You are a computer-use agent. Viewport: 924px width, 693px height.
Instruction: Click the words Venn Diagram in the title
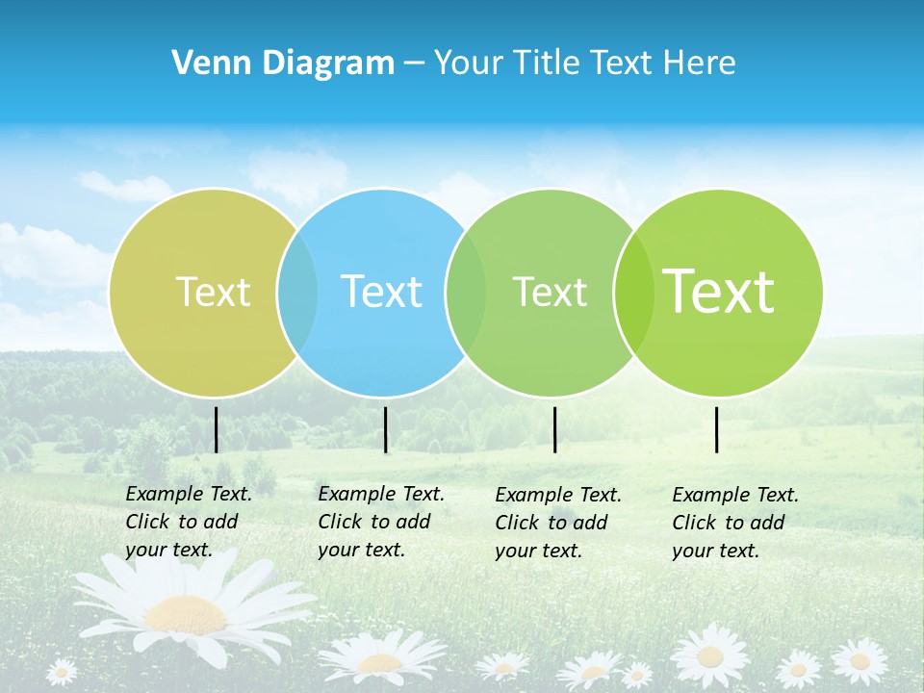(283, 64)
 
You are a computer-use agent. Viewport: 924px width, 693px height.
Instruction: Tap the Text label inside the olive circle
(213, 292)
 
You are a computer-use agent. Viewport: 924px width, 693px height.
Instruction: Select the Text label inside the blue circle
(381, 292)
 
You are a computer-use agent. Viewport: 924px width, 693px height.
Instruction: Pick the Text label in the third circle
(550, 292)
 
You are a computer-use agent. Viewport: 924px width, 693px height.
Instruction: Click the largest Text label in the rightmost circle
(719, 292)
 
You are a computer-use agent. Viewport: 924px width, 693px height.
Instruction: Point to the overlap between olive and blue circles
(297, 292)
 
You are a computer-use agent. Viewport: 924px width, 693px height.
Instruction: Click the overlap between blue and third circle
(466, 292)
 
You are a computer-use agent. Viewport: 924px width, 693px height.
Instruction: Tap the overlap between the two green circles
(633, 292)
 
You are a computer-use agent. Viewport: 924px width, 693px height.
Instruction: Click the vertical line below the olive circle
(216, 429)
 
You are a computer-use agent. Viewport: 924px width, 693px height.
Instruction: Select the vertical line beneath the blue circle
(385, 429)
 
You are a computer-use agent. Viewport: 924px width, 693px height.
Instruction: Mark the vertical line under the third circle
(554, 429)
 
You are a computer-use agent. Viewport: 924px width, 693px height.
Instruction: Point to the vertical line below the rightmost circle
(716, 429)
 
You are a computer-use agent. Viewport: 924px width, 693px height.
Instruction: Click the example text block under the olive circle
(189, 522)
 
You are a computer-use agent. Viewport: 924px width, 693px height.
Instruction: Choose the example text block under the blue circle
(381, 522)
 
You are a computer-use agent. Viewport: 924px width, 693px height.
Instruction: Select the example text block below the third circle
(558, 523)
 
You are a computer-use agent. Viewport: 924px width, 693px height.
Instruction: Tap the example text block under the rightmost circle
(735, 523)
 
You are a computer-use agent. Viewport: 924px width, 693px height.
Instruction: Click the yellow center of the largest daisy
(186, 612)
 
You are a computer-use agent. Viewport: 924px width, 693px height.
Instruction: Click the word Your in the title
(470, 64)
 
